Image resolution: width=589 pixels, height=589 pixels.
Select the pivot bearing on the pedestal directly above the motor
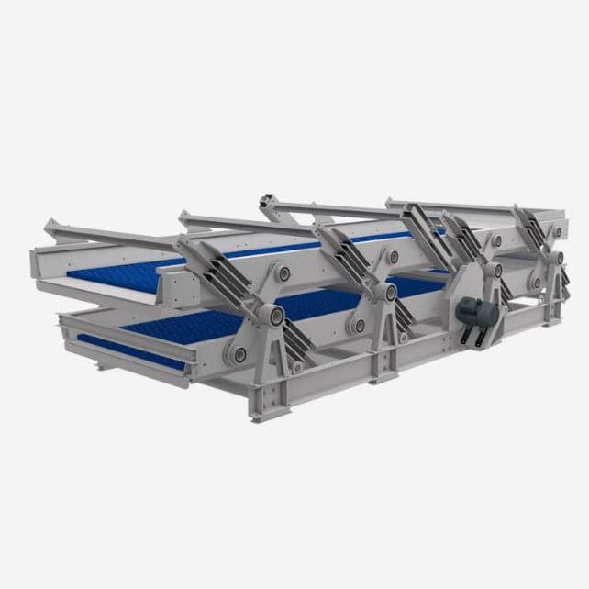(x=495, y=270)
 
